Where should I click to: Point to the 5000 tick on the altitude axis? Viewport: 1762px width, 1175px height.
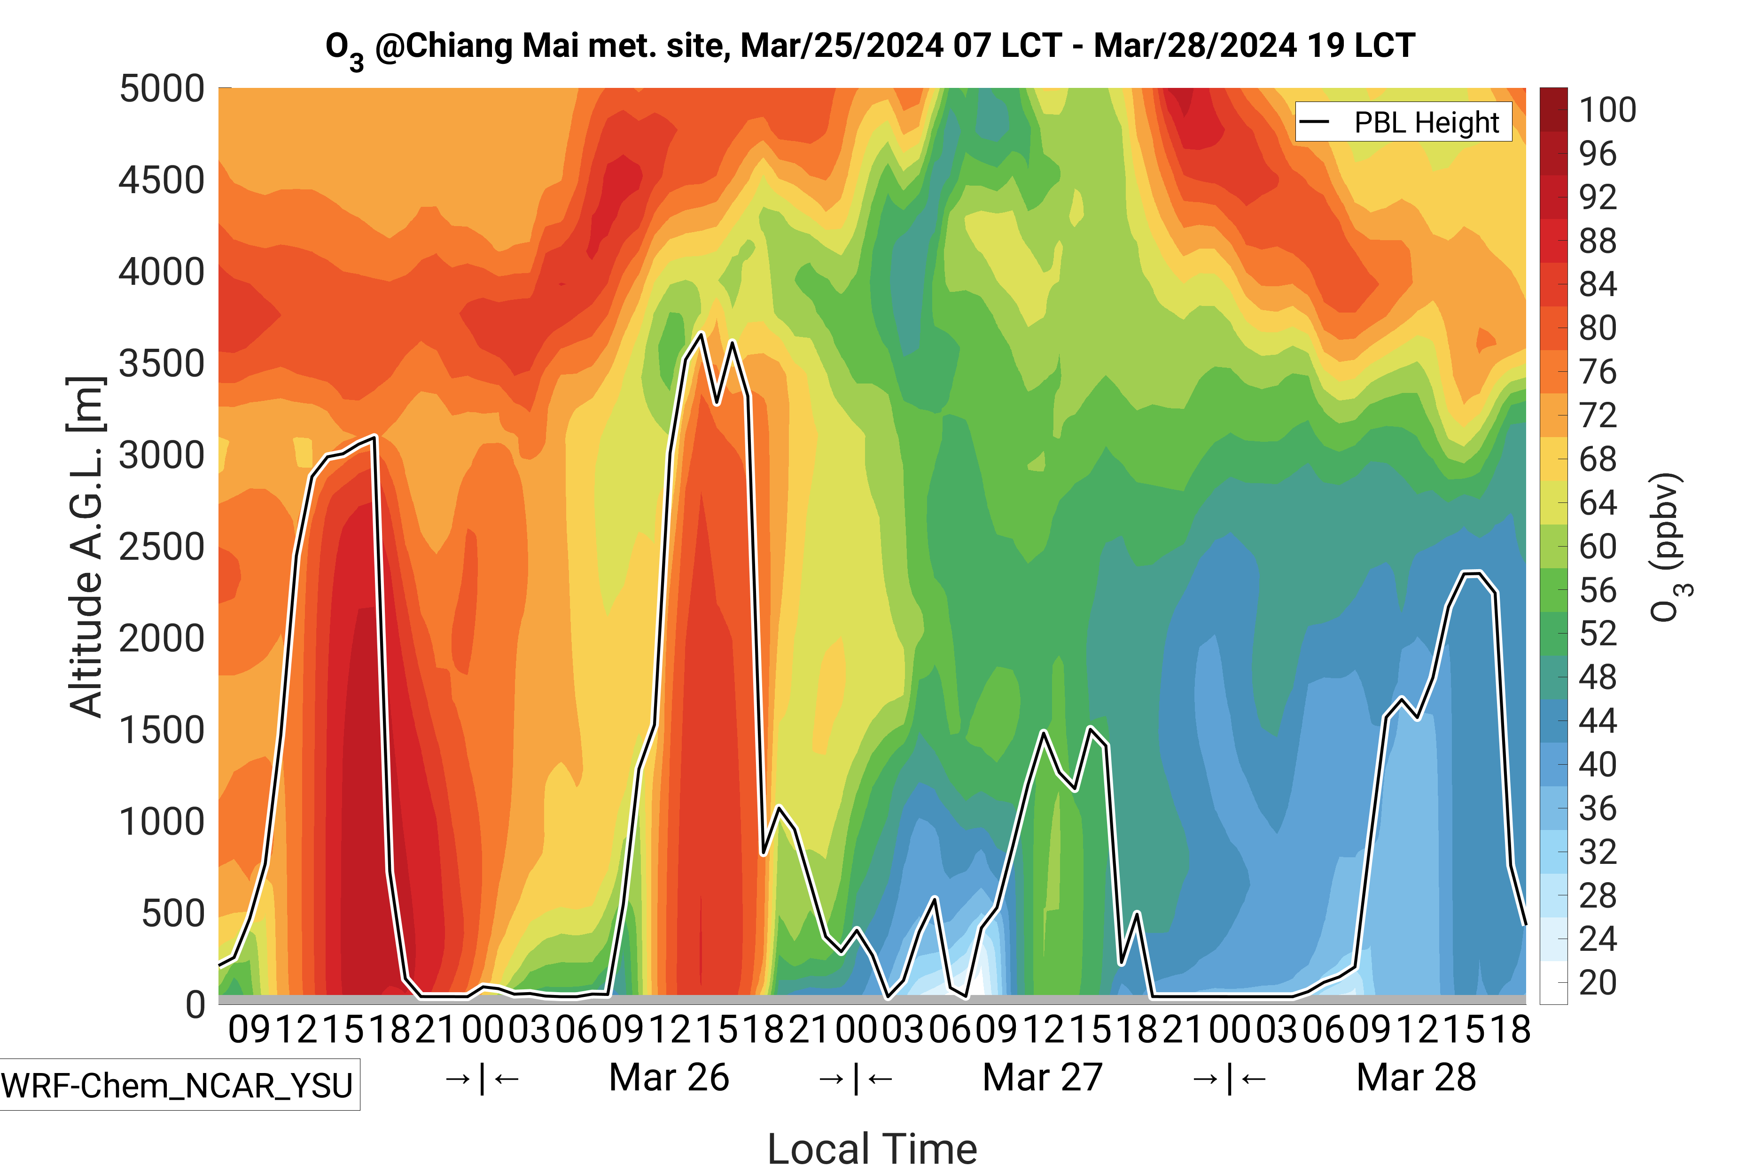[162, 89]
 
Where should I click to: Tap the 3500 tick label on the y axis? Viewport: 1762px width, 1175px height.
[162, 364]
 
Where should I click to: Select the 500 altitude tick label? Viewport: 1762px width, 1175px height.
[173, 914]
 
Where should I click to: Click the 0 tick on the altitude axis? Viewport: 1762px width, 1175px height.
[195, 1005]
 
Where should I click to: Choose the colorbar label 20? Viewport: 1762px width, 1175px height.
[1597, 982]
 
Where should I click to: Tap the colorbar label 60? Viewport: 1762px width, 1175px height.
[1597, 546]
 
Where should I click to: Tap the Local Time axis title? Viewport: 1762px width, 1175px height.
[872, 1148]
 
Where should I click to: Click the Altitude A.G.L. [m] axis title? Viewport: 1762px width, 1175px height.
[86, 547]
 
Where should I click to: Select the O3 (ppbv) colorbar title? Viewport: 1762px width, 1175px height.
[1669, 547]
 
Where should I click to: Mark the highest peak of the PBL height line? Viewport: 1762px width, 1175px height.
[701, 334]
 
